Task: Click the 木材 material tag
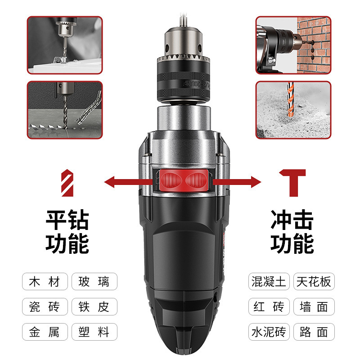(45, 282)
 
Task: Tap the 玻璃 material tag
(94, 282)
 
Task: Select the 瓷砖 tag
(45, 307)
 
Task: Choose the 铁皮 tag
(94, 307)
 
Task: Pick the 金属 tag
(45, 332)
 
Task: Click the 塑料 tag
(94, 332)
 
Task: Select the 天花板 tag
(314, 282)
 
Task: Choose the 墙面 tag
(314, 307)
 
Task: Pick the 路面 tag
(314, 332)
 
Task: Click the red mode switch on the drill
(182, 181)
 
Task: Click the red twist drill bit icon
(66, 182)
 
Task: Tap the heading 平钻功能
(67, 232)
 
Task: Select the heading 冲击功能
(292, 232)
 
